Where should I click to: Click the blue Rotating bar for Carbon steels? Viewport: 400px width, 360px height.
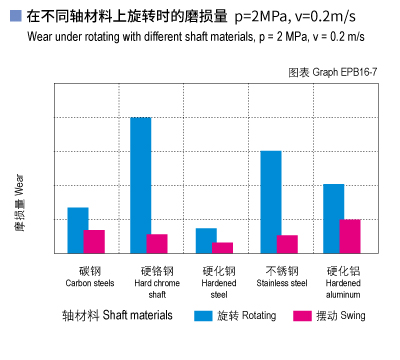click(x=78, y=230)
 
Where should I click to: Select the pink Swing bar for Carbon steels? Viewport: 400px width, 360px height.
click(x=94, y=241)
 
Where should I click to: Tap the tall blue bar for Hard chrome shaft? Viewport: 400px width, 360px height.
click(x=141, y=185)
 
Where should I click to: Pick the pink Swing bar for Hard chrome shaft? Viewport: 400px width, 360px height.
click(x=157, y=243)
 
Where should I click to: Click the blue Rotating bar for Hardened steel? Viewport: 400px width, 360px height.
click(x=206, y=240)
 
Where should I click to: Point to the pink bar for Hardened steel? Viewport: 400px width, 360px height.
click(x=222, y=247)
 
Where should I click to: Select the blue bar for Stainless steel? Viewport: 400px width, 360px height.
click(x=271, y=201)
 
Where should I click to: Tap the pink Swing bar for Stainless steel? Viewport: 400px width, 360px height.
click(x=287, y=244)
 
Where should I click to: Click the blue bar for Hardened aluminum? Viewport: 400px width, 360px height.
click(x=334, y=218)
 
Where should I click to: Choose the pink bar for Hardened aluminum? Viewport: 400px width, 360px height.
click(x=350, y=236)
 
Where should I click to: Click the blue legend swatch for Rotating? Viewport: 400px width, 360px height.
click(x=204, y=316)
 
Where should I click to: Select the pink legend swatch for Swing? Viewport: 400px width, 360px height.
click(x=303, y=316)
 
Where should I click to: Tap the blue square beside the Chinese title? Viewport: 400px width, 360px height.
click(x=13, y=17)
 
